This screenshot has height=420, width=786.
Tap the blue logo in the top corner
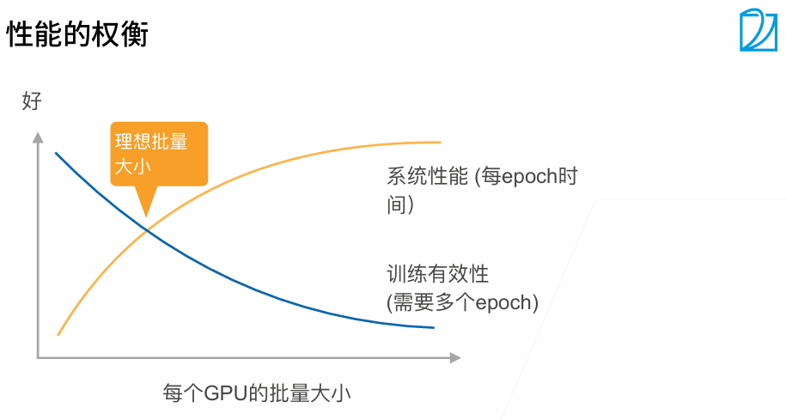(758, 31)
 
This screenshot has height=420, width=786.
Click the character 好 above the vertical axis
(32, 102)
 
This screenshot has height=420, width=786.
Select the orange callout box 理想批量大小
(159, 153)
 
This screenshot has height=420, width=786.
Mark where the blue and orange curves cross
(148, 230)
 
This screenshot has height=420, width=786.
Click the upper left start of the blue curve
(57, 154)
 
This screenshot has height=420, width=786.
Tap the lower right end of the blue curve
(433, 327)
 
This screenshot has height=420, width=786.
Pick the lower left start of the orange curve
(58, 334)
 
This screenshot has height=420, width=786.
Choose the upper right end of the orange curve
(439, 142)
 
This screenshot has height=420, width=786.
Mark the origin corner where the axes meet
(38, 356)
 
